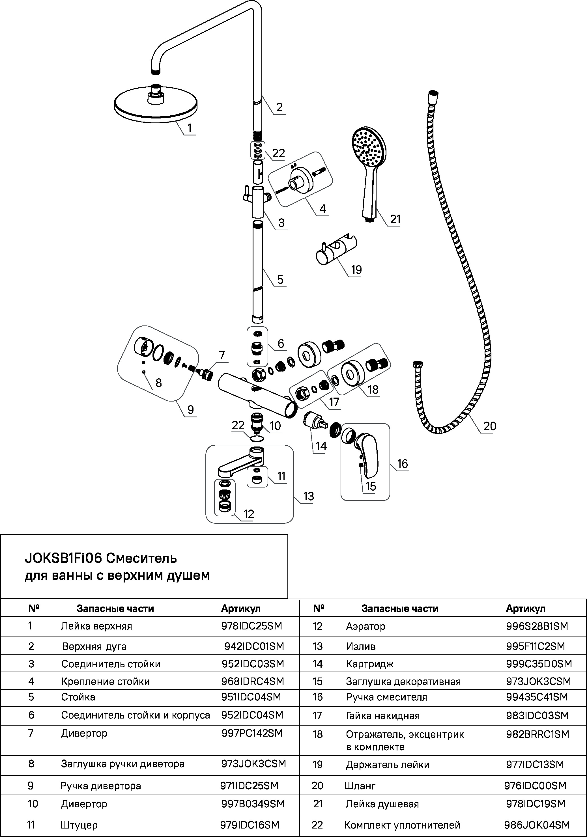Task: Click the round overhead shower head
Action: pos(156,103)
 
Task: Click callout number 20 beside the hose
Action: pos(489,426)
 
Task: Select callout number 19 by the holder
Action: pos(356,270)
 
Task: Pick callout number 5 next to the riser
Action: pos(280,280)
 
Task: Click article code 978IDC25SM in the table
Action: pos(251,626)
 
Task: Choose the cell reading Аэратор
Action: pos(365,626)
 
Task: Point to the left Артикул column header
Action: pos(241,609)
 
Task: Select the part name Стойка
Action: pos(78,697)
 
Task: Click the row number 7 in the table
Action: pos(31,733)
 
